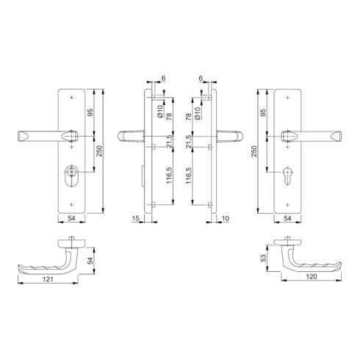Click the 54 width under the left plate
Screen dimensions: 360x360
click(x=71, y=219)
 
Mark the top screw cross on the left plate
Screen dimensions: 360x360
click(x=71, y=98)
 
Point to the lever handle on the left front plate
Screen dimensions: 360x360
click(x=44, y=136)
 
